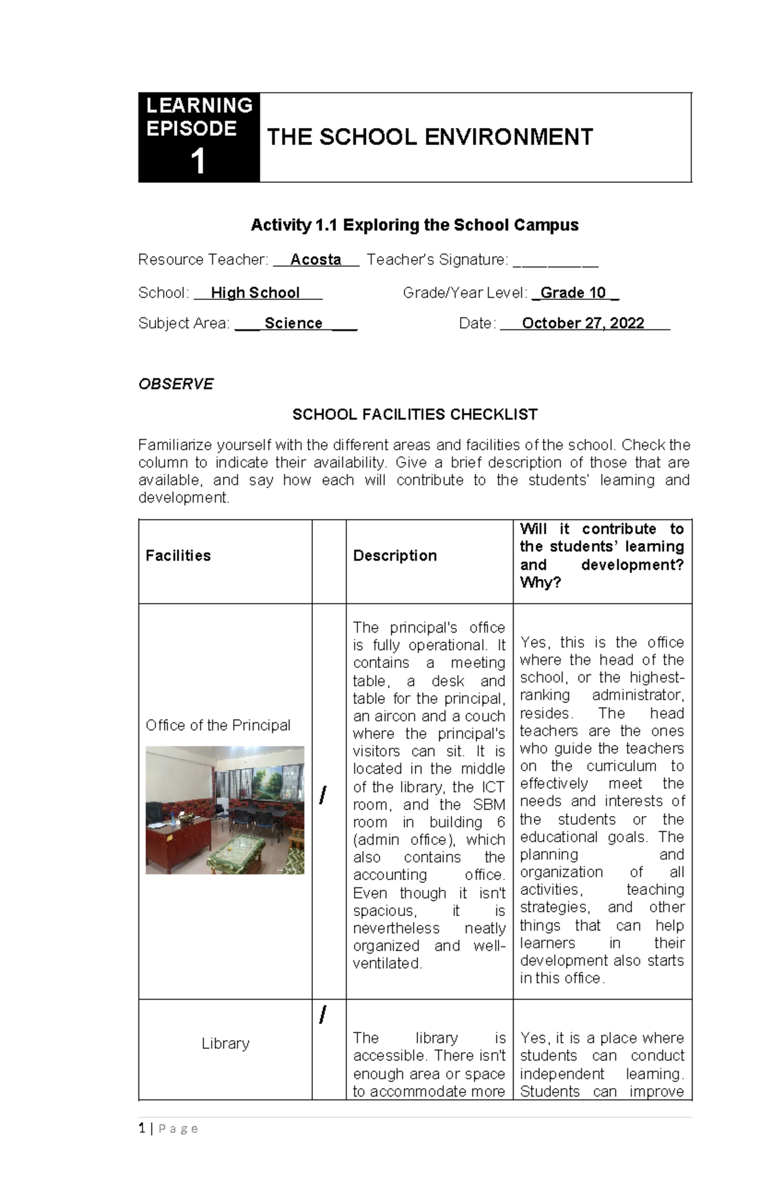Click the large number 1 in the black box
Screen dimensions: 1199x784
click(x=198, y=161)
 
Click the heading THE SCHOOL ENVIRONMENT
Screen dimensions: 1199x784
click(x=429, y=137)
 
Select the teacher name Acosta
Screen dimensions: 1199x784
click(x=316, y=259)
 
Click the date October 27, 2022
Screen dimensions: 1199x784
click(x=583, y=323)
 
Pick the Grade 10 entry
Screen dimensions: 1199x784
click(x=573, y=293)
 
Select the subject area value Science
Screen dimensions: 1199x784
click(x=293, y=323)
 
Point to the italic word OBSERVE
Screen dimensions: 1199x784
click(x=176, y=384)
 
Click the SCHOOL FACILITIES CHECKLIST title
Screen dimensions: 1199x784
click(x=414, y=414)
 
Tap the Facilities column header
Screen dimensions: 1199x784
click(x=178, y=555)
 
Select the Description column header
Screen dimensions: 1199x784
click(x=395, y=555)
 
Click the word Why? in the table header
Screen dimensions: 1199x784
click(x=540, y=582)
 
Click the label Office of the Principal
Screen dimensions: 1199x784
click(x=218, y=725)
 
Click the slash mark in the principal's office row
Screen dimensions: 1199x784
click(x=322, y=795)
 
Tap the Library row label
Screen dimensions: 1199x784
click(x=225, y=1043)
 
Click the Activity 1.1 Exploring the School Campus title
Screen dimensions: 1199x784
click(x=414, y=225)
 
